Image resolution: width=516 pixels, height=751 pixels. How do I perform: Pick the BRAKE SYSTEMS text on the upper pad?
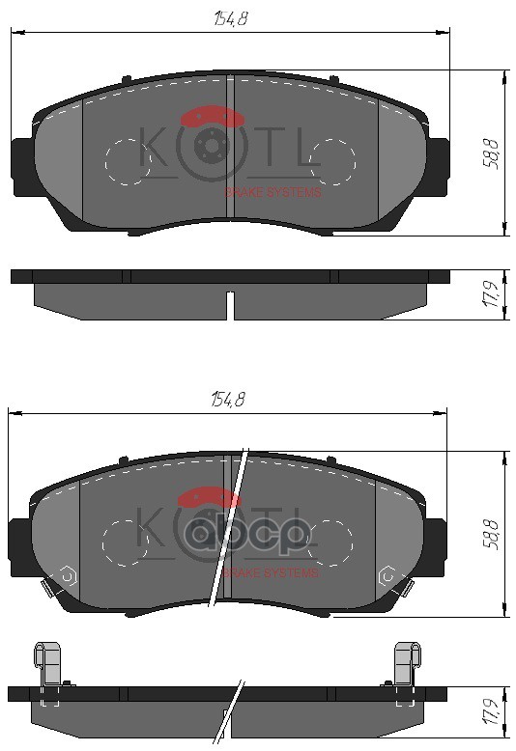pos(272,192)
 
